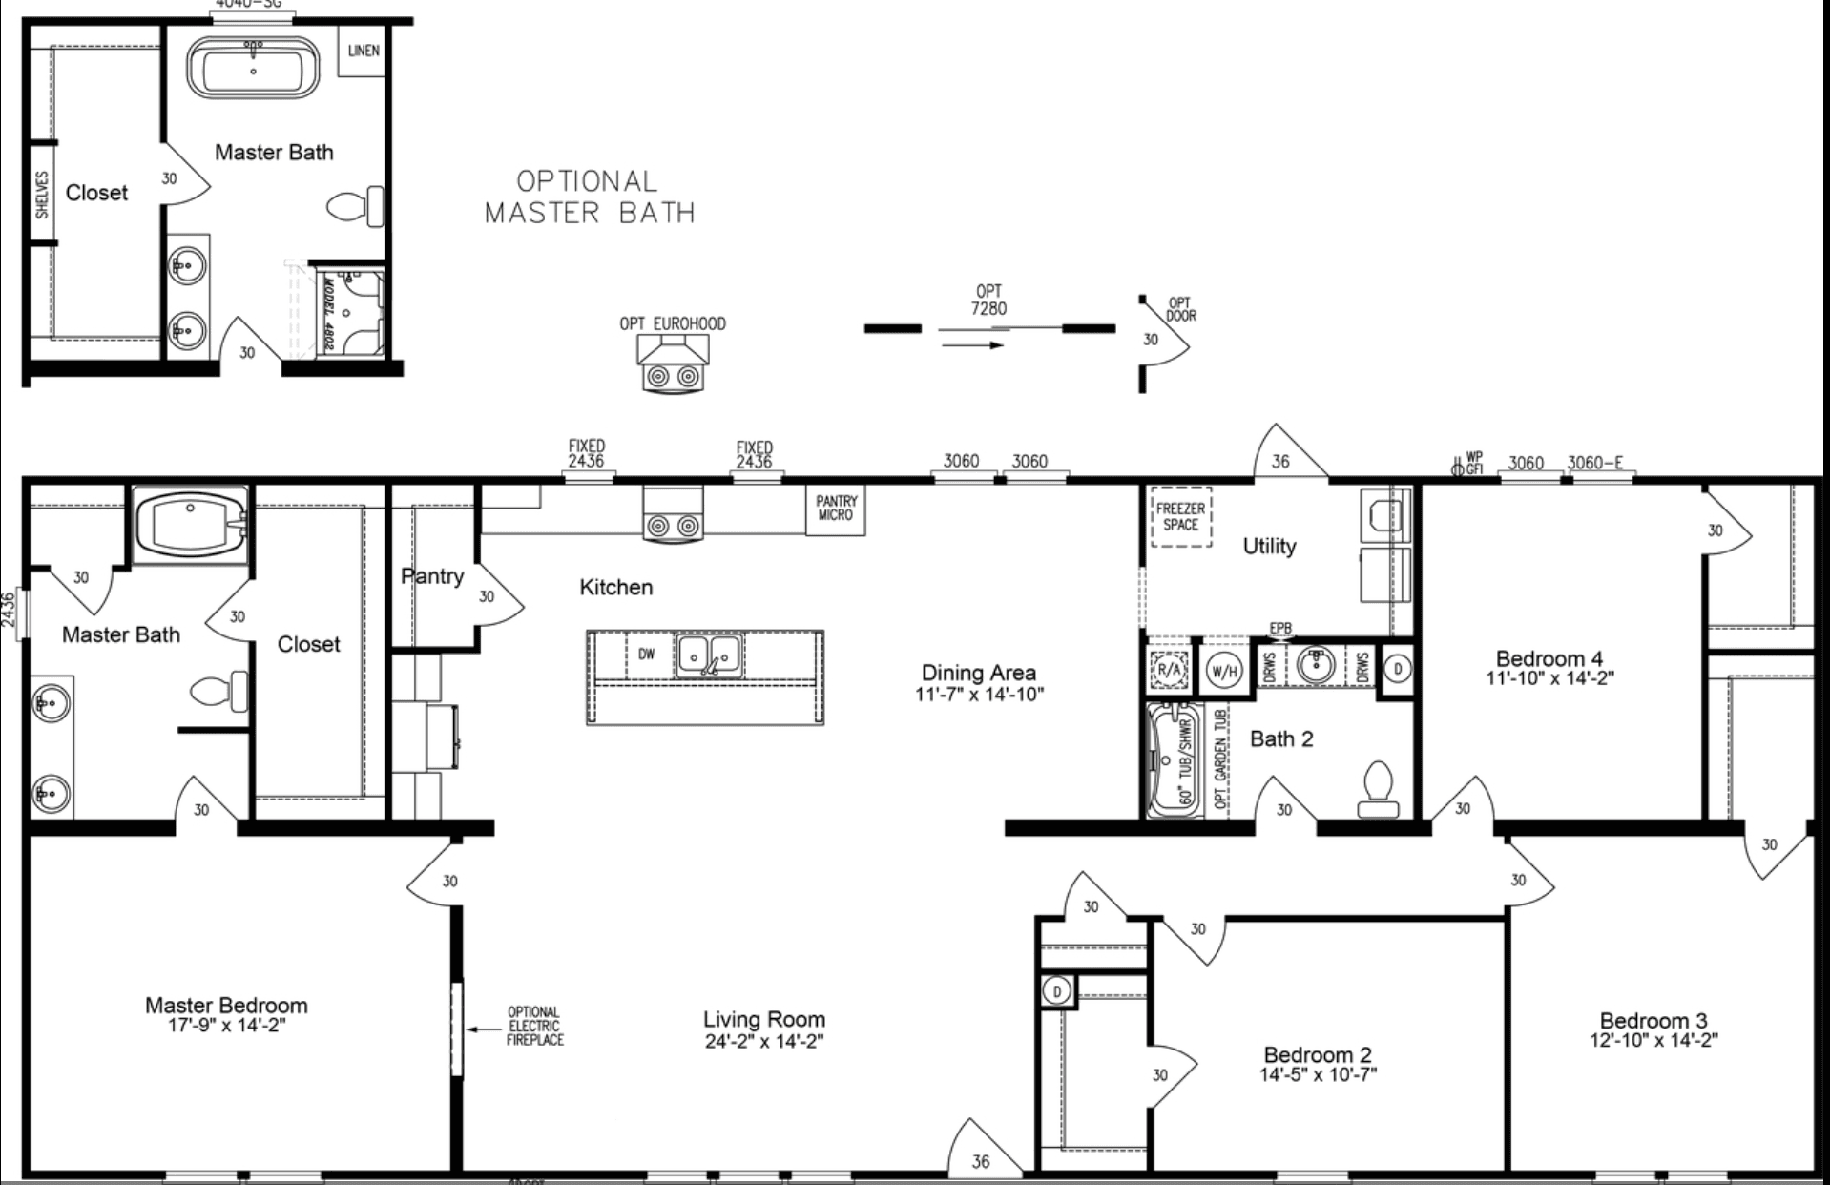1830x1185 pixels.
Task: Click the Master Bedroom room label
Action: coord(226,1005)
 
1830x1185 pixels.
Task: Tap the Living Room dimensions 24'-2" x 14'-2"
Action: coord(763,1042)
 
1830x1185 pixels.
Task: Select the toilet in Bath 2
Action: coord(1378,790)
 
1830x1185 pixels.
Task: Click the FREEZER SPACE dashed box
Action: coord(1180,517)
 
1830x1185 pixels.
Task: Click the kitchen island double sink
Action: coord(709,655)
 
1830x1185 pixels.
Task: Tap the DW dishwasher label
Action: coord(646,655)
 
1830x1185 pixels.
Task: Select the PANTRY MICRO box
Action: coord(835,509)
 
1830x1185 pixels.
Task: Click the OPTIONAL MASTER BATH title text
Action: coord(589,197)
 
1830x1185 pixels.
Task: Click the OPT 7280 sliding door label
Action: coord(988,300)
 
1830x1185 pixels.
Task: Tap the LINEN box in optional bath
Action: coord(363,51)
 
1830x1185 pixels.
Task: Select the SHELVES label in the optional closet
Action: coord(42,194)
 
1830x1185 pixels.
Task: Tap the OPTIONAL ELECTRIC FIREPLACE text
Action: coord(534,1027)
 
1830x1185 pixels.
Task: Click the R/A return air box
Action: coord(1168,669)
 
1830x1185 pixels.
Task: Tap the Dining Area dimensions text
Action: coord(979,695)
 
